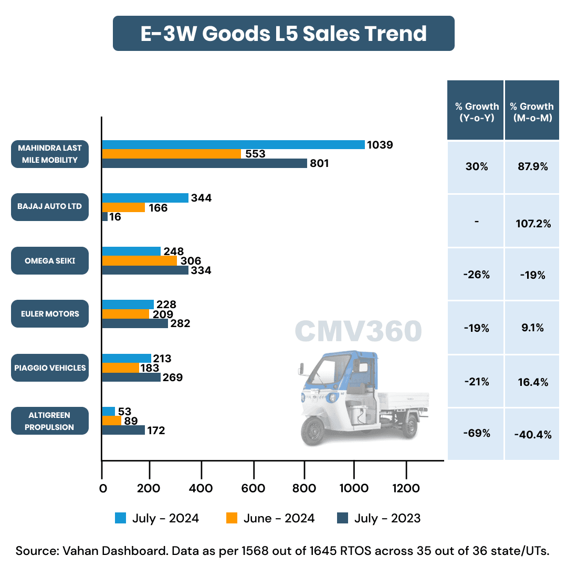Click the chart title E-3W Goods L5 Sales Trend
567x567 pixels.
point(283,34)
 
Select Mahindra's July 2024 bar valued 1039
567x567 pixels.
point(233,145)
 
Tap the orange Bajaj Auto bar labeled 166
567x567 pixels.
point(123,207)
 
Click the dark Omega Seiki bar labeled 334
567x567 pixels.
point(145,270)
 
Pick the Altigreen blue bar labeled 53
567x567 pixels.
point(109,411)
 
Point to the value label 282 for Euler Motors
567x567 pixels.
point(180,323)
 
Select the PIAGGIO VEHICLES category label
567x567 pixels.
point(50,368)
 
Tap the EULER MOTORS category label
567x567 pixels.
point(50,314)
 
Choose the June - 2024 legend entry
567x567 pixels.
point(270,518)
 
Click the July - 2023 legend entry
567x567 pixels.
point(378,518)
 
